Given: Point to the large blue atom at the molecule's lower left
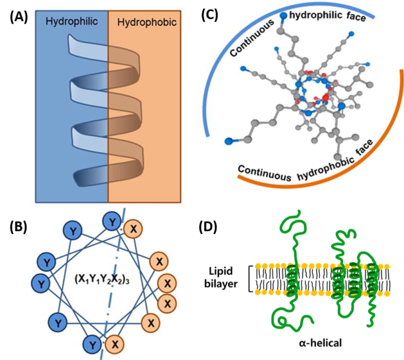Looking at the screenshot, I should (229, 140).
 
